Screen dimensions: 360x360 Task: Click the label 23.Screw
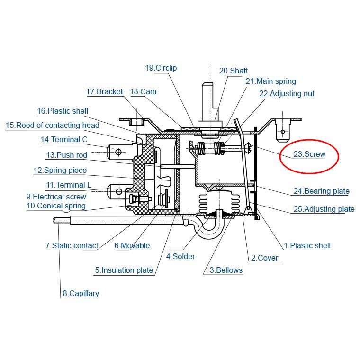click(x=309, y=154)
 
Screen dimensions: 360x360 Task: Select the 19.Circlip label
click(x=161, y=68)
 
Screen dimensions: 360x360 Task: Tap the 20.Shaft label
click(x=234, y=71)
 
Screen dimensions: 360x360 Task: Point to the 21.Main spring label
click(x=270, y=81)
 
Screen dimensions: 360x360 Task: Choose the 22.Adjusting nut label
click(x=287, y=94)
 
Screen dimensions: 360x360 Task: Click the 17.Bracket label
click(x=105, y=91)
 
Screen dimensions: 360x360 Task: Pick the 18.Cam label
click(x=143, y=91)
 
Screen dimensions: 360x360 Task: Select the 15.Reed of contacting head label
click(x=53, y=126)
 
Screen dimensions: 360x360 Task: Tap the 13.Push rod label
click(x=67, y=155)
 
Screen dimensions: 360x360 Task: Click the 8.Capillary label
click(x=81, y=293)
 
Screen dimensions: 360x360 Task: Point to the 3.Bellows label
click(x=226, y=270)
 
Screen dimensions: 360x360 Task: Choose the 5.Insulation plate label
click(x=124, y=270)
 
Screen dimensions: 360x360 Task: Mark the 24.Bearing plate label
click(x=322, y=191)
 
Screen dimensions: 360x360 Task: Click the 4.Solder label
click(x=180, y=256)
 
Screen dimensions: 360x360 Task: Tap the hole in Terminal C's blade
click(x=118, y=152)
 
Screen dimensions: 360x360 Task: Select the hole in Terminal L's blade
click(x=119, y=191)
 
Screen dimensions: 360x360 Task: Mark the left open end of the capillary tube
click(x=54, y=220)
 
